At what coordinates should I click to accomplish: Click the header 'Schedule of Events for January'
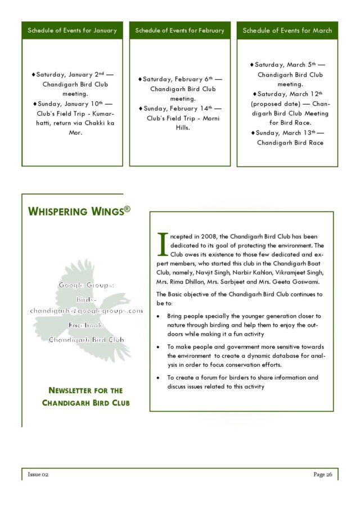[x=72, y=30]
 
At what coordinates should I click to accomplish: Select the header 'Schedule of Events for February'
[x=179, y=30]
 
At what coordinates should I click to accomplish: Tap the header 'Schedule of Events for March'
[x=287, y=30]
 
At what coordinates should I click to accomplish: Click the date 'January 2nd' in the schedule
[x=87, y=74]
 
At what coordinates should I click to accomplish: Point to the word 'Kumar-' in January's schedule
[x=103, y=113]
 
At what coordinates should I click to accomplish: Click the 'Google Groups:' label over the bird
[x=86, y=285]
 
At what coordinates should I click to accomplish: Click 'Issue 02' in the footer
[x=39, y=475]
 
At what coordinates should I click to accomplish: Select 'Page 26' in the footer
[x=322, y=475]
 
